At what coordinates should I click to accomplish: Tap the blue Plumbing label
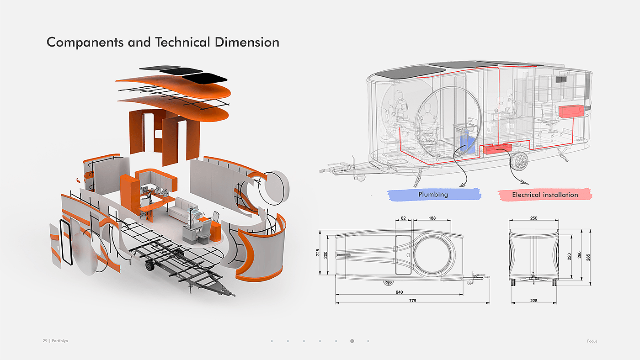433,195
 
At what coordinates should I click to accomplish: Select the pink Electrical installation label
545,195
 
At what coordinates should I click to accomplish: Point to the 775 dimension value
412,301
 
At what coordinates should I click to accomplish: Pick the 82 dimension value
403,218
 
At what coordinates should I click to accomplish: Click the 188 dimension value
432,218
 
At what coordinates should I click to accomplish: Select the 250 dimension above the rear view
533,218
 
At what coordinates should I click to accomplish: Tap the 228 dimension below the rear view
534,301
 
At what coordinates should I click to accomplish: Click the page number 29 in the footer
45,341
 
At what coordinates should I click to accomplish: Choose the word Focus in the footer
592,341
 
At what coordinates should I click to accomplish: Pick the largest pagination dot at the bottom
352,341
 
